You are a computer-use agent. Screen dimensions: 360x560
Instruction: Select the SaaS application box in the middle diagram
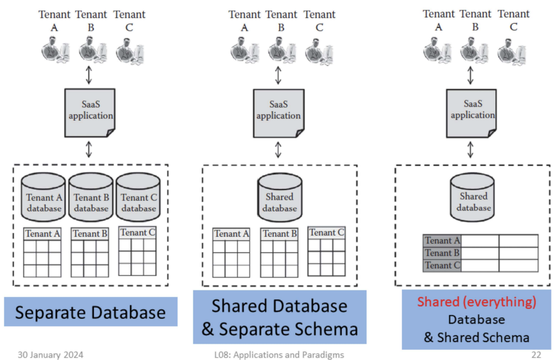[x=278, y=110]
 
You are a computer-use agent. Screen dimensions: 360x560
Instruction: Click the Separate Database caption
[x=90, y=312]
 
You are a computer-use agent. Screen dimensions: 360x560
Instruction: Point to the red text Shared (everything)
[x=476, y=302]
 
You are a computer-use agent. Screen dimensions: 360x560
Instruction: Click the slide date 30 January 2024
[x=51, y=354]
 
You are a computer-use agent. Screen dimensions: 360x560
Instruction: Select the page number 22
[x=536, y=354]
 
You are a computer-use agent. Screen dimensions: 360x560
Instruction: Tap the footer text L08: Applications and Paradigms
[x=279, y=354]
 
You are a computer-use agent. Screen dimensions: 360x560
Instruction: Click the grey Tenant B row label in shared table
[x=442, y=253]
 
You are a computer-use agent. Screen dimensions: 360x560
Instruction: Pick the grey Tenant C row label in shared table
[x=442, y=265]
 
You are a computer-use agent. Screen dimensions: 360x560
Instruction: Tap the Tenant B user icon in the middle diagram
[x=281, y=51]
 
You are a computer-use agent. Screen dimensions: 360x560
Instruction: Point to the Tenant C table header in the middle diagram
[x=327, y=233]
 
